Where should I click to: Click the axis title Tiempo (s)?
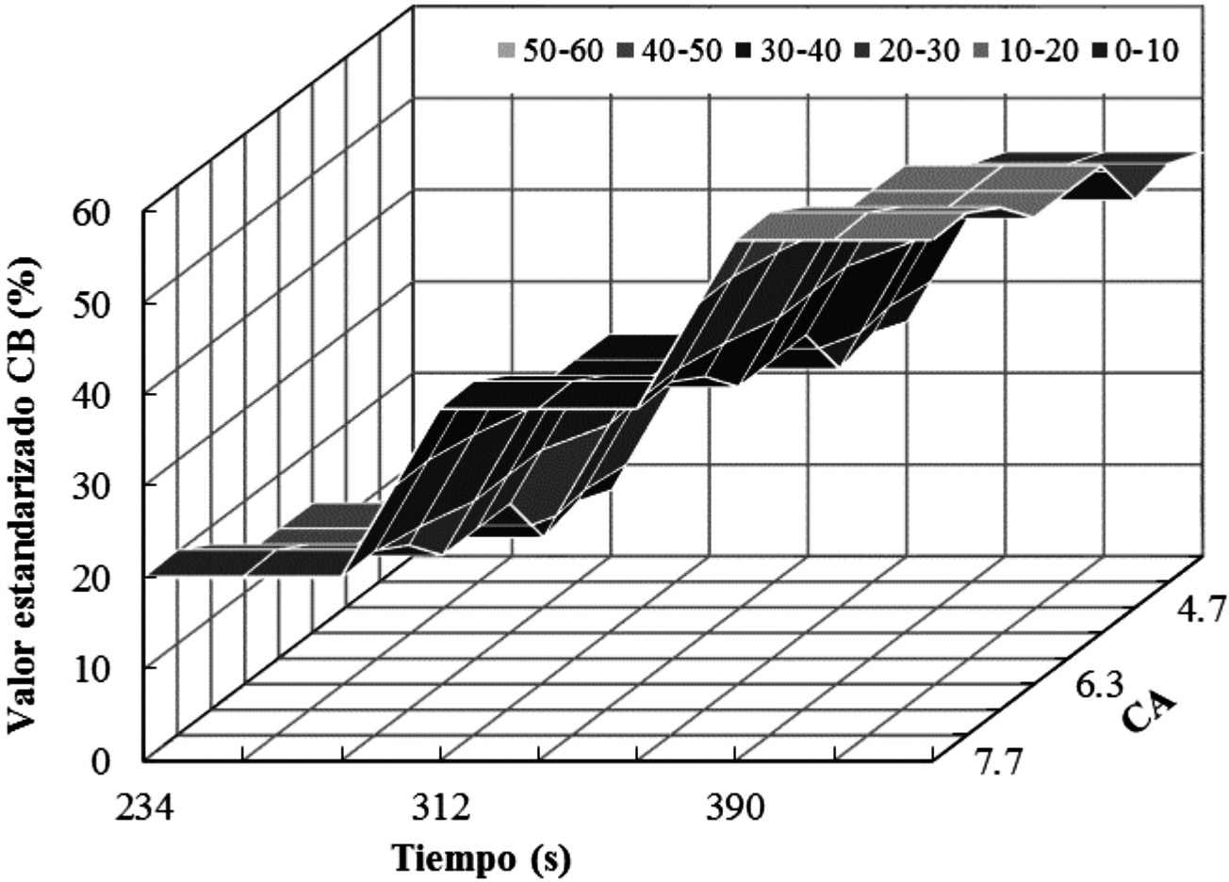click(x=482, y=858)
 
